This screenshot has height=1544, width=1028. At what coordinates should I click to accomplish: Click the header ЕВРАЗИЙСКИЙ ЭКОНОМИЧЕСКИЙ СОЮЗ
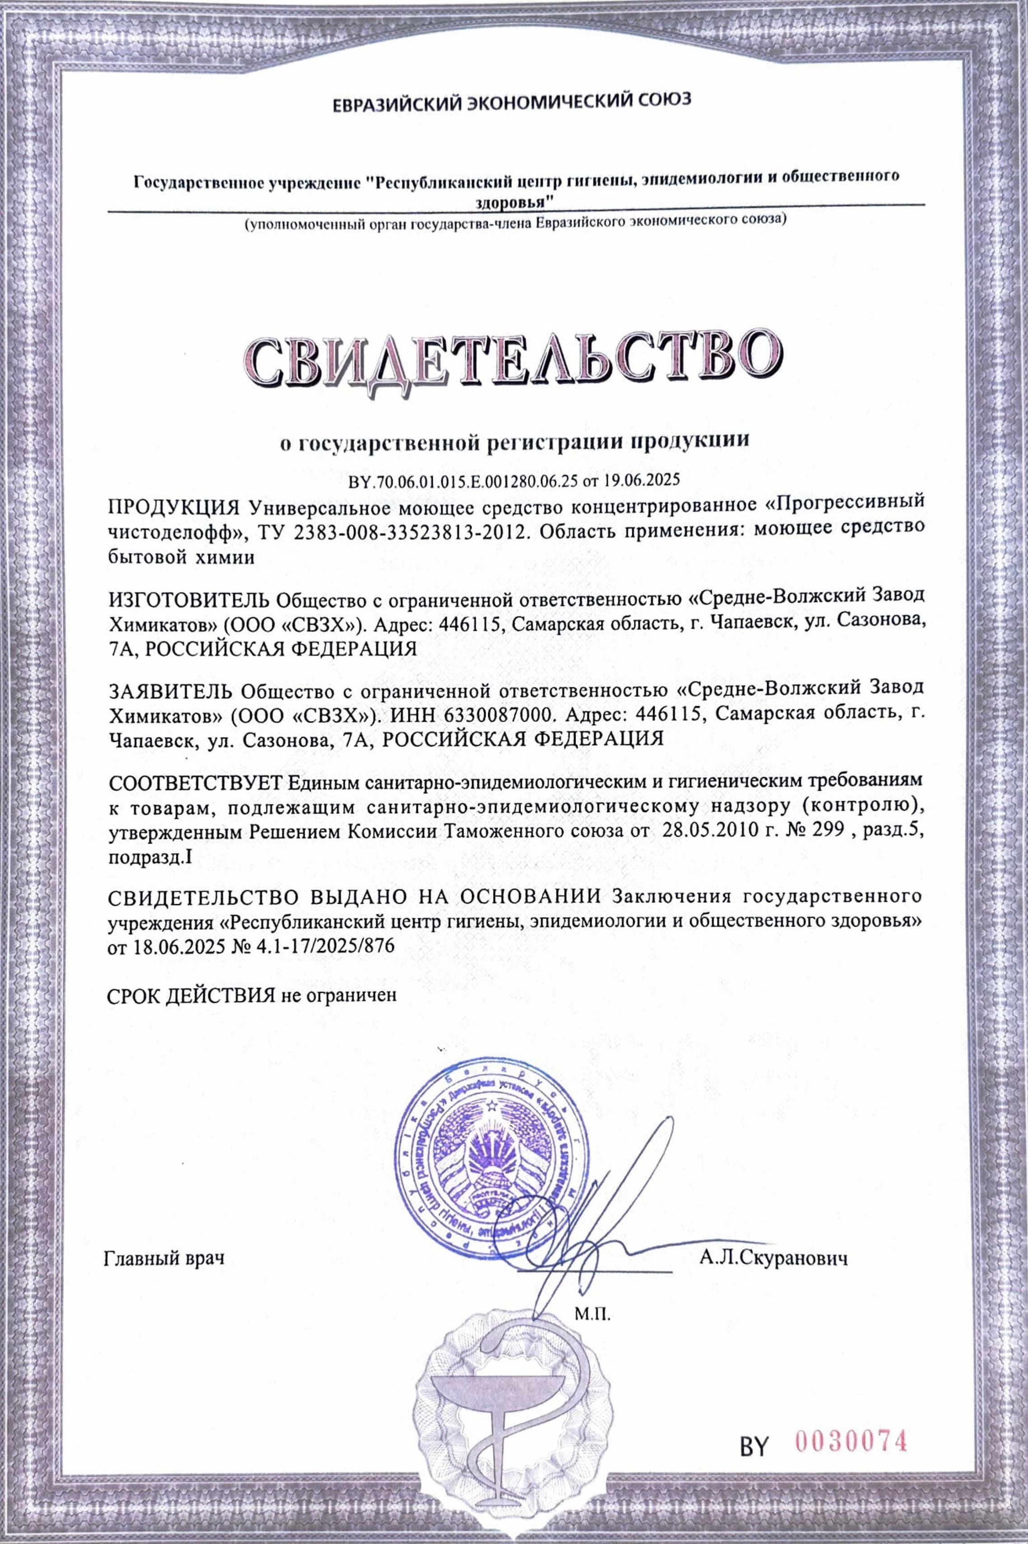tap(512, 103)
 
